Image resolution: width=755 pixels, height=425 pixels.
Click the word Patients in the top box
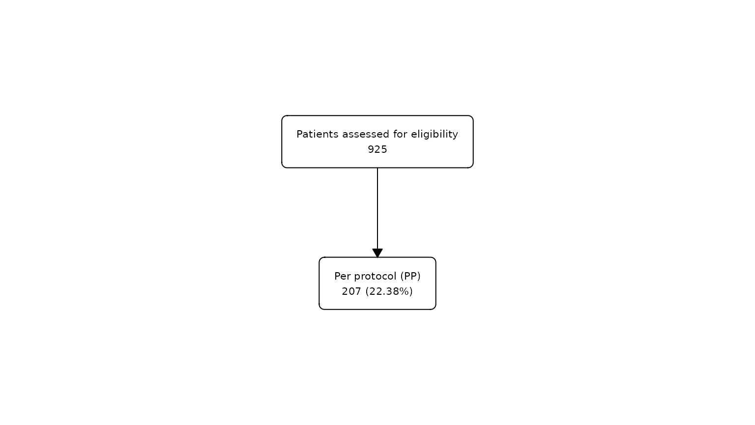click(x=317, y=134)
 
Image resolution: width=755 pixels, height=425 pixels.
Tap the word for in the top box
click(x=400, y=134)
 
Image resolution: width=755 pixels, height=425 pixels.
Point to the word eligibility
click(x=435, y=135)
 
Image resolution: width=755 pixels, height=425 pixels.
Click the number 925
click(x=377, y=149)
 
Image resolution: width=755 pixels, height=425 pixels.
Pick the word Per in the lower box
click(x=343, y=276)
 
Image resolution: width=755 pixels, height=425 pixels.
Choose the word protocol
click(x=376, y=277)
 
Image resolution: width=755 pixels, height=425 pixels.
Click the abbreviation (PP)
click(x=410, y=277)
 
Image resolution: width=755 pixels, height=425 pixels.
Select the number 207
click(x=351, y=291)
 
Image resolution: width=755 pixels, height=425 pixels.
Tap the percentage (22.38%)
click(x=389, y=291)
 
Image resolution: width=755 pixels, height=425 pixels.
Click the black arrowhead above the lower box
click(x=377, y=253)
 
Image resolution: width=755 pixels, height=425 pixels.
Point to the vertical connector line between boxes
click(x=377, y=208)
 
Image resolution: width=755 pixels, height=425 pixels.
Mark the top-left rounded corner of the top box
click(x=283, y=117)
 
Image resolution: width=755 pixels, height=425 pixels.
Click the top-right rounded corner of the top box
click(x=472, y=117)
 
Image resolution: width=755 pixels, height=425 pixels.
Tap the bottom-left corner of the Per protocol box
click(x=320, y=308)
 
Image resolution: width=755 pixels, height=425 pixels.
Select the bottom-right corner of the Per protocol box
click(x=435, y=308)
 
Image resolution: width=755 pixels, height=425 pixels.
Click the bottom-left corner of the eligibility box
click(x=283, y=166)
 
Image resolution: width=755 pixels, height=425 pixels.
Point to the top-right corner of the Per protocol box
click(x=435, y=258)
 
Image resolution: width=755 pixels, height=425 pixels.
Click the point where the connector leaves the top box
click(x=377, y=168)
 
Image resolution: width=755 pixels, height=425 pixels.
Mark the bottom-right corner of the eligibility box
click(x=472, y=166)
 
